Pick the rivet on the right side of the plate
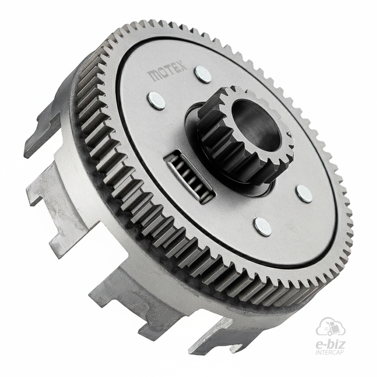pos(305,193)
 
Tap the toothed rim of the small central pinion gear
pos(245,135)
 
